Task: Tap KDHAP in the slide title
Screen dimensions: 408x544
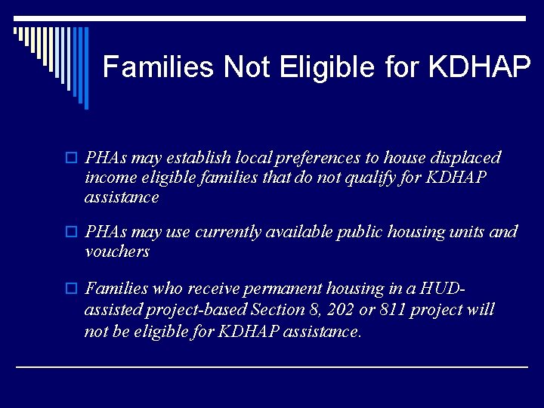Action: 479,68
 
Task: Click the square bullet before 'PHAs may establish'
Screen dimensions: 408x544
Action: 73,159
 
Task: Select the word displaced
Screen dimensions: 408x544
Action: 462,158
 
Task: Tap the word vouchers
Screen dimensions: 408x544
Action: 117,252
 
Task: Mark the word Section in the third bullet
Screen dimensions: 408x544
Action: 280,309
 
